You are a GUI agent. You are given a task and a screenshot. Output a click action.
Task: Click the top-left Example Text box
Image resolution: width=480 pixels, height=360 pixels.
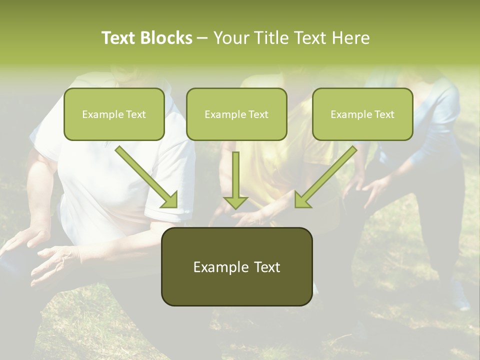(114, 114)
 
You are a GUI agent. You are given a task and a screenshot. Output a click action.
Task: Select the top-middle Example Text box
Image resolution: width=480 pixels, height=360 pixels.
(236, 114)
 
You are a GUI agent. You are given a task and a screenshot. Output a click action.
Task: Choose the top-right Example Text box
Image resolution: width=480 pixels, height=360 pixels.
(362, 114)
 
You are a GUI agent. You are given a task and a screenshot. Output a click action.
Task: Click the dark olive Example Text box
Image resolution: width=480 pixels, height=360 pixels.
(236, 266)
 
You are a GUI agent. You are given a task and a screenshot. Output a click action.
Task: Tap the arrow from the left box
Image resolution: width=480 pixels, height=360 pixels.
(146, 176)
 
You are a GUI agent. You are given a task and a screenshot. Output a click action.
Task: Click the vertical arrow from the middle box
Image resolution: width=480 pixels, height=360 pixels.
(235, 177)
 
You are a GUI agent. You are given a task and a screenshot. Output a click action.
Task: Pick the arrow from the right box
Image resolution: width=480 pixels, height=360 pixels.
(326, 176)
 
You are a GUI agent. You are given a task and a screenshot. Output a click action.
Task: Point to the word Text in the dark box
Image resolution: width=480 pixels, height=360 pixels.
(266, 267)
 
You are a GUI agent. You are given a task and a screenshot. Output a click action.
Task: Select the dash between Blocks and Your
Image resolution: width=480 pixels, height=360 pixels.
(202, 38)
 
